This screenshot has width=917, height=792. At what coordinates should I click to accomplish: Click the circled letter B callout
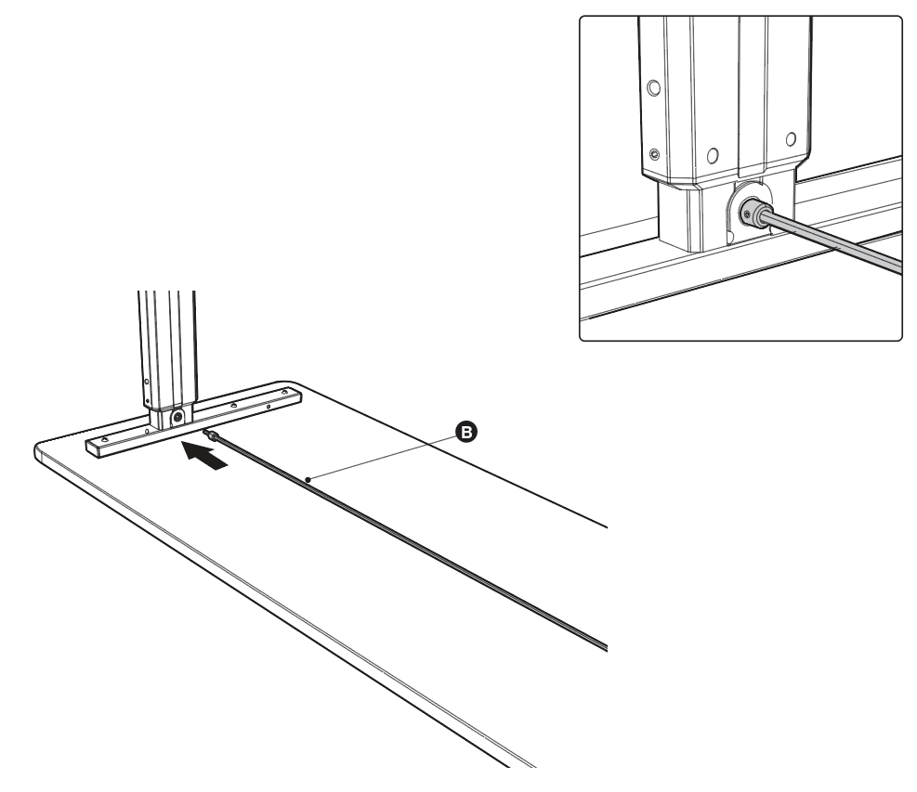coord(466,432)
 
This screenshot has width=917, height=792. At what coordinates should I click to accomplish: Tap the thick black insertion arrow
coord(203,455)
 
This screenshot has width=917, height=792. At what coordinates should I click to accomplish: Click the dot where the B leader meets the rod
coord(308,480)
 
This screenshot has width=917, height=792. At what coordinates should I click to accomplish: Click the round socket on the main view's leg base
coord(176,416)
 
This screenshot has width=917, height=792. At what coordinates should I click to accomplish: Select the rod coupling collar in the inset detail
coord(755,214)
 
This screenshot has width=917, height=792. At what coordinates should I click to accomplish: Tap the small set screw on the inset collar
coord(746,216)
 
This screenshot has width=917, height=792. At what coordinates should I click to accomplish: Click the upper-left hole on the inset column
coord(654,87)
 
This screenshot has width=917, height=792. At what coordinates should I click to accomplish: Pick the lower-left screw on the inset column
coord(654,154)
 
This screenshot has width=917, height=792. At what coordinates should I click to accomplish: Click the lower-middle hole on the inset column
coord(713,155)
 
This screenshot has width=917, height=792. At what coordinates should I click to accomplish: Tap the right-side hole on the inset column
coord(791,139)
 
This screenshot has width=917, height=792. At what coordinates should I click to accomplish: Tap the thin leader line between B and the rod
coord(383,455)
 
